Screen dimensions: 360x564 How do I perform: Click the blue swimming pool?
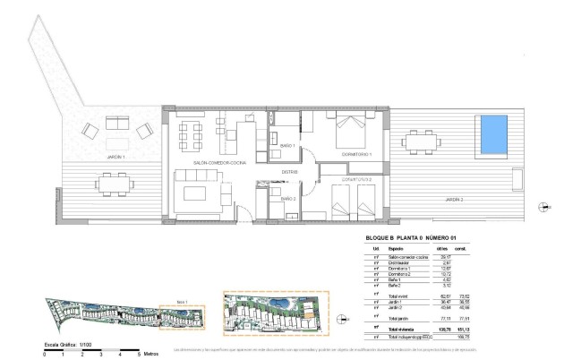pos(494,133)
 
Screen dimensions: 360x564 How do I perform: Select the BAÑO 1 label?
pos(287,145)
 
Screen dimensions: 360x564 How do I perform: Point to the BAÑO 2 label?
pos(287,198)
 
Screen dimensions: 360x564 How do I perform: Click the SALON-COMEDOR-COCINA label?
pos(213,163)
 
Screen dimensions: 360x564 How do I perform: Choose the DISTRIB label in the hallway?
pos(289,172)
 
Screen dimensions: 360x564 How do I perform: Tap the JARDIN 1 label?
pos(115,157)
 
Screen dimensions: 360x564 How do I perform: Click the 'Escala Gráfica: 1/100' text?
pos(65,344)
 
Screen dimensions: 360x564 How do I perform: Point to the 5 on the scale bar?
pos(139,356)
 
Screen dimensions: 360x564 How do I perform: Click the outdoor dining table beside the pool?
pos(422,142)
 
